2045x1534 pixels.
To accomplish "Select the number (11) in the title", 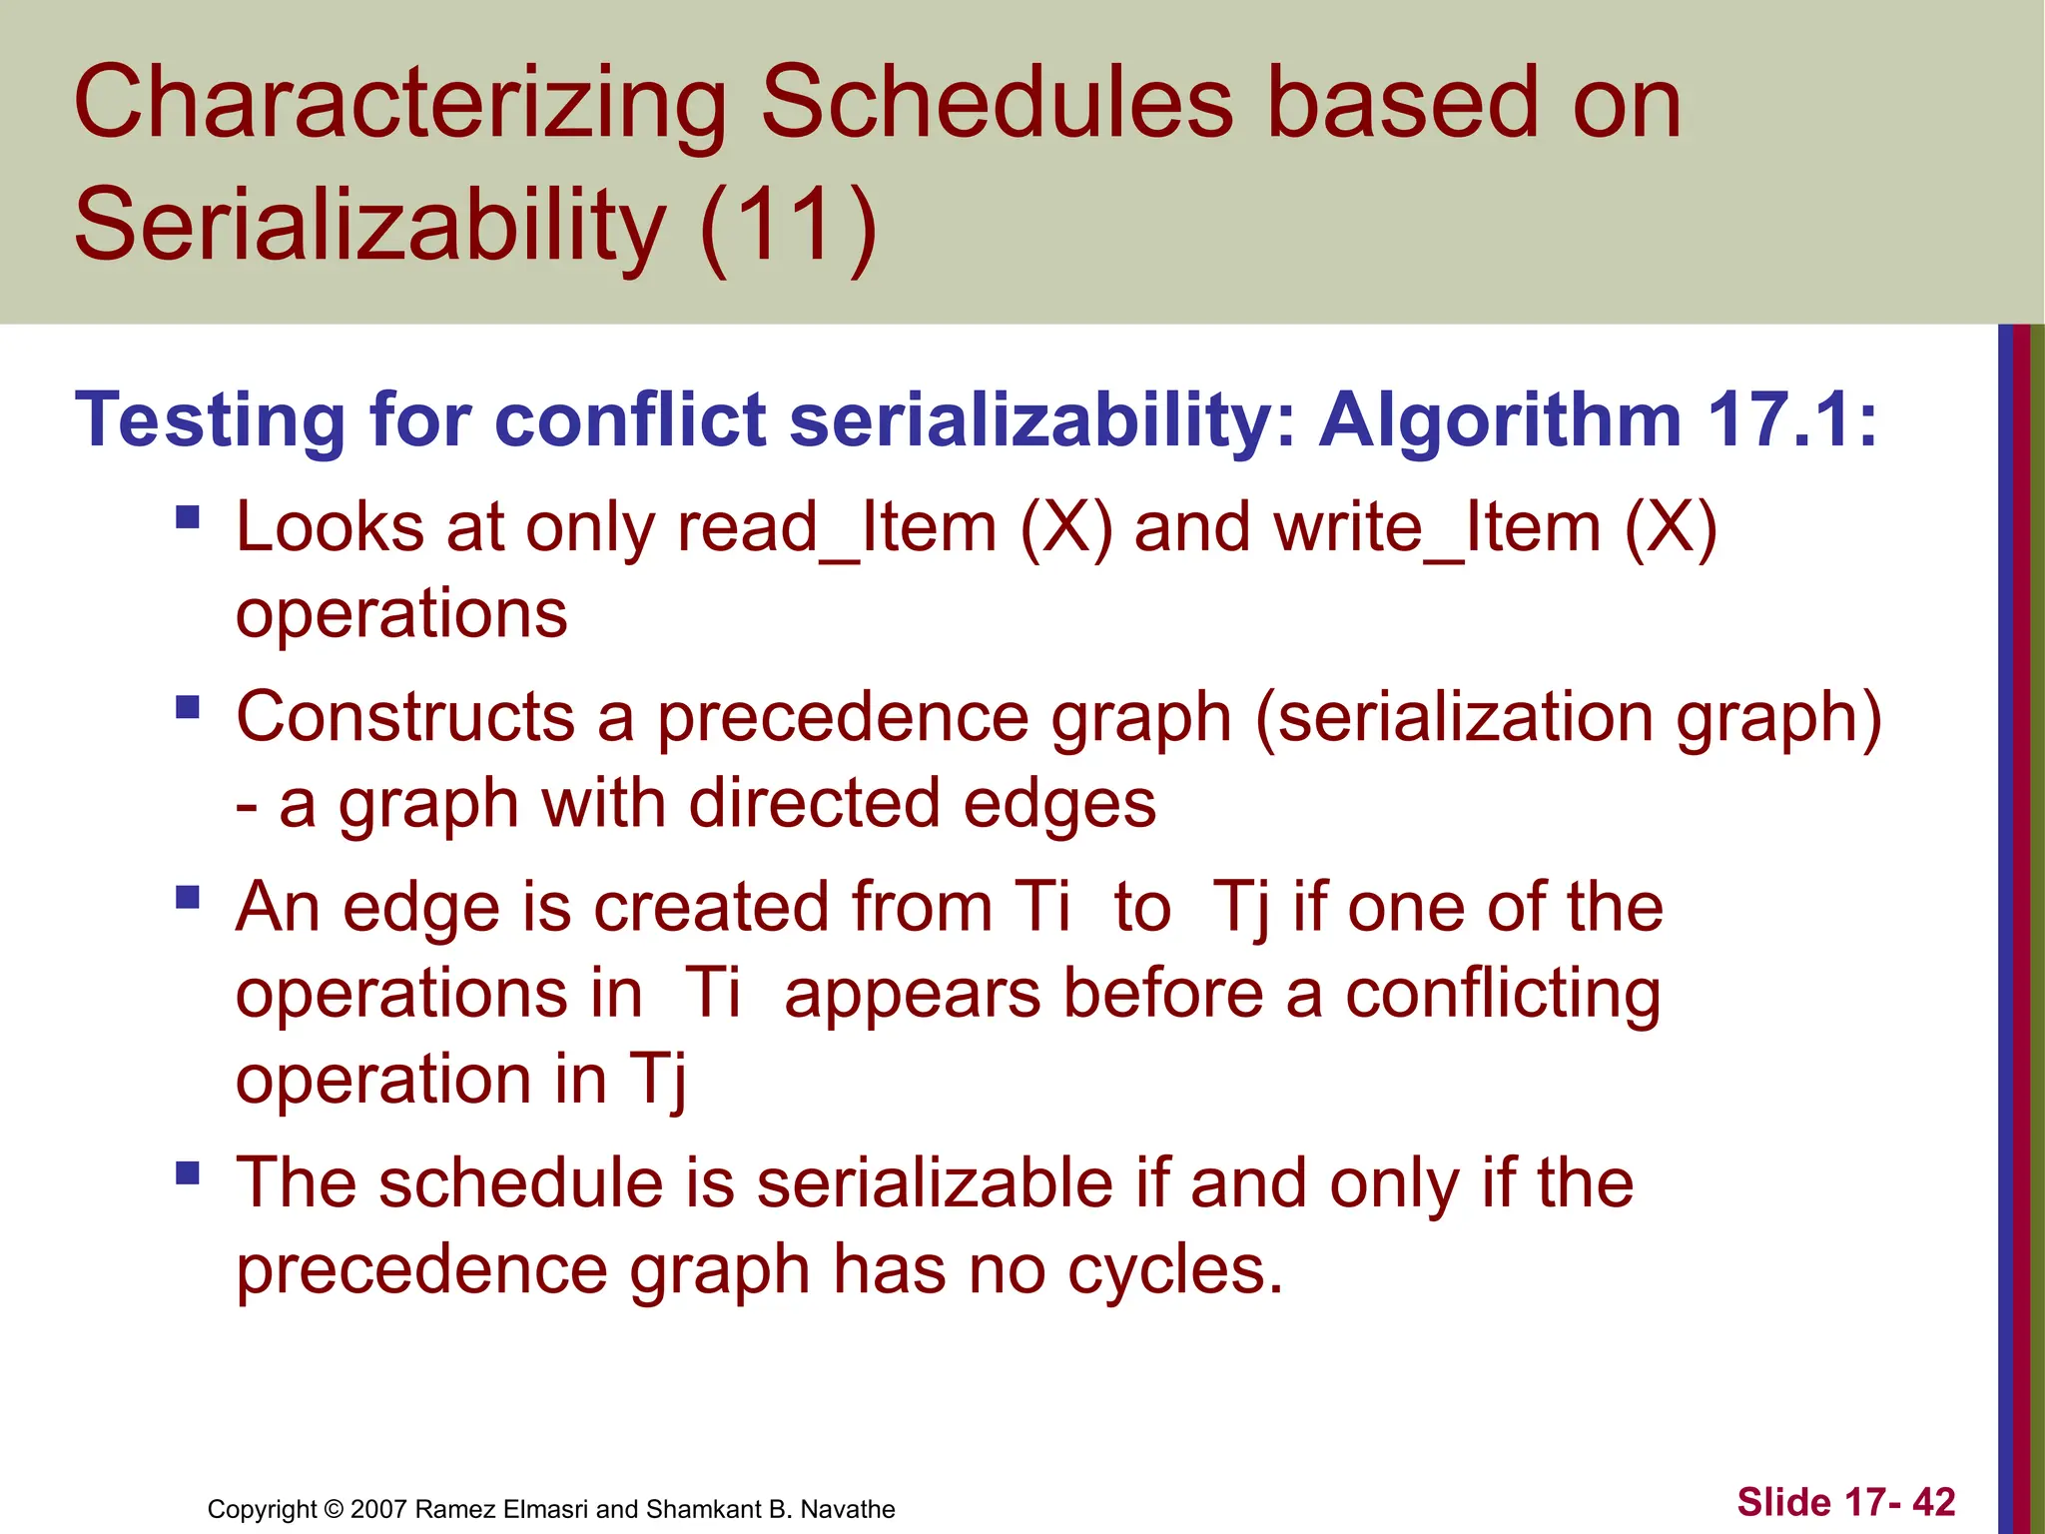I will coord(788,227).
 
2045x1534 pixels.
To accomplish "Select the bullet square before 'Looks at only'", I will coord(188,516).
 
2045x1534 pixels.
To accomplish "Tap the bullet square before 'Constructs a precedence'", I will coord(188,707).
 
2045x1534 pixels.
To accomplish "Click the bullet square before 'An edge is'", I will coord(188,896).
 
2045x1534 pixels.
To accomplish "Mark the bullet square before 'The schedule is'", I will coord(188,1171).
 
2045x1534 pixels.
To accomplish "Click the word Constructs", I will coord(405,718).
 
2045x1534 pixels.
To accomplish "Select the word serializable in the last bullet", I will coord(935,1183).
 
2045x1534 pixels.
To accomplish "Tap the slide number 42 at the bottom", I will coord(1933,1502).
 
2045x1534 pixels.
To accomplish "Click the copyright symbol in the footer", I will coord(334,1509).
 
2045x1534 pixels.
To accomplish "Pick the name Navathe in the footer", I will coord(848,1509).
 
